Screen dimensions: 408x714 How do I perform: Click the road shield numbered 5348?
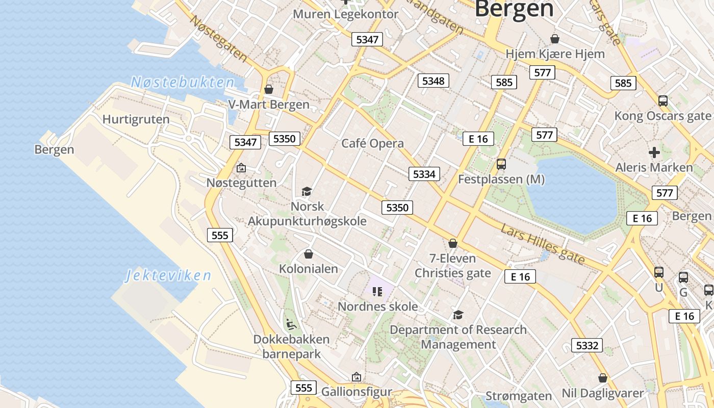tap(433, 81)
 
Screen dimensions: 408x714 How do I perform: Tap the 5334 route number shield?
tap(424, 174)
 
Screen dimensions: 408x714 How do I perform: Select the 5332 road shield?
tap(586, 345)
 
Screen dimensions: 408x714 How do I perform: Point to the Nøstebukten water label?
tap(182, 82)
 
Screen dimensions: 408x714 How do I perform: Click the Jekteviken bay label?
tap(168, 276)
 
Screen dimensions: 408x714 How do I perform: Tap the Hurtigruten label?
tap(136, 119)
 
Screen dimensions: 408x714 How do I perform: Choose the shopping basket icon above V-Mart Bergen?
tap(269, 90)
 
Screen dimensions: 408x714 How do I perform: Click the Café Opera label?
tap(372, 143)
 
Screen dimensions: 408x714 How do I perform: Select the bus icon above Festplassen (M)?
tap(501, 164)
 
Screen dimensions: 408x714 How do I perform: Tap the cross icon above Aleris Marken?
tap(654, 152)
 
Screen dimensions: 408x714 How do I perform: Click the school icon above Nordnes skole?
tap(377, 292)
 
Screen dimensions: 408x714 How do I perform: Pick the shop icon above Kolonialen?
tap(308, 254)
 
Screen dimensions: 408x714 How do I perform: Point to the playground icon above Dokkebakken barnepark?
tap(290, 324)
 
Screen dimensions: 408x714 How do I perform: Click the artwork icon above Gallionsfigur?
tap(356, 377)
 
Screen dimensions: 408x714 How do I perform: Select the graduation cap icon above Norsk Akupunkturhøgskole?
tap(307, 192)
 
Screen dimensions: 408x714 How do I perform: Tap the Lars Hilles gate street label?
tap(543, 244)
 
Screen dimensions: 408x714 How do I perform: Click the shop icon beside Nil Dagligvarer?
tap(603, 378)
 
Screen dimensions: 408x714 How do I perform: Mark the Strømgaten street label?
tap(519, 396)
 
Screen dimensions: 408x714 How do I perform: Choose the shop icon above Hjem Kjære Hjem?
tap(555, 39)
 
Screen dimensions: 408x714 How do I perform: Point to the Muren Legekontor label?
tap(345, 14)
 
